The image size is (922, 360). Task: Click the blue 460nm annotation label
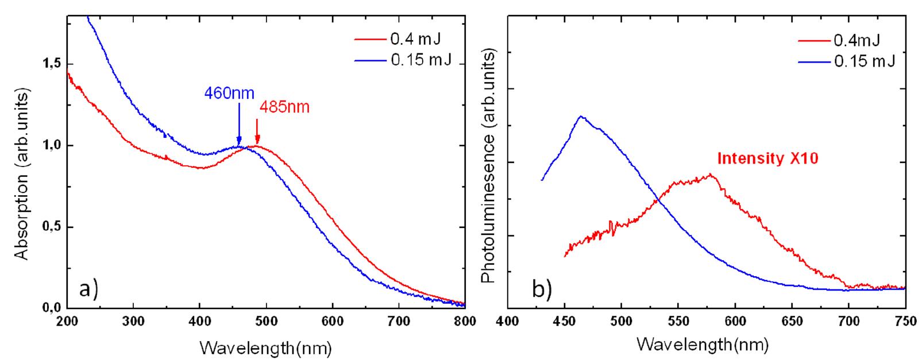229,93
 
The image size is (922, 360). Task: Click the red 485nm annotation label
285,107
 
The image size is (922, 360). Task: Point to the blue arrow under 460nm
239,132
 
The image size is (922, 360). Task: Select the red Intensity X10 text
767,158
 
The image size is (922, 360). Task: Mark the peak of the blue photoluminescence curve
581,117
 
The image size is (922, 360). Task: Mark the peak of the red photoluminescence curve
711,175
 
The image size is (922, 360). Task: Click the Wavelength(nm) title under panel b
702,345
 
